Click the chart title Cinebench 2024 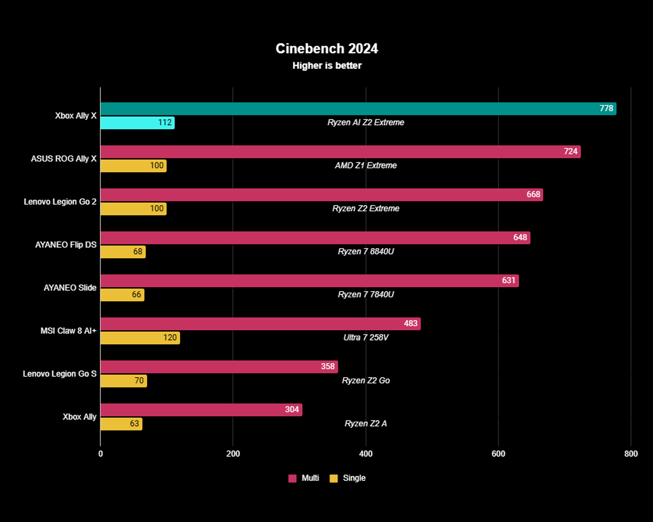(326, 49)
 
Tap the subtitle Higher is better (327, 66)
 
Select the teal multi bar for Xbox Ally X (351, 109)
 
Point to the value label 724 (570, 151)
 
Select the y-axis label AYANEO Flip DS (66, 245)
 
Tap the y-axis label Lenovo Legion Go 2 (60, 202)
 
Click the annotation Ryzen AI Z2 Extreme (366, 123)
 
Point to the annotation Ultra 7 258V (366, 337)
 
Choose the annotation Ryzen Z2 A (366, 424)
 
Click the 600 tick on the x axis (498, 454)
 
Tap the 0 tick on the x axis (100, 454)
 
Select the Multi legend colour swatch (292, 478)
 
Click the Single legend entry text (354, 478)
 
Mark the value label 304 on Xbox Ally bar (292, 410)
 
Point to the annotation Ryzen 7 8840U (366, 251)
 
